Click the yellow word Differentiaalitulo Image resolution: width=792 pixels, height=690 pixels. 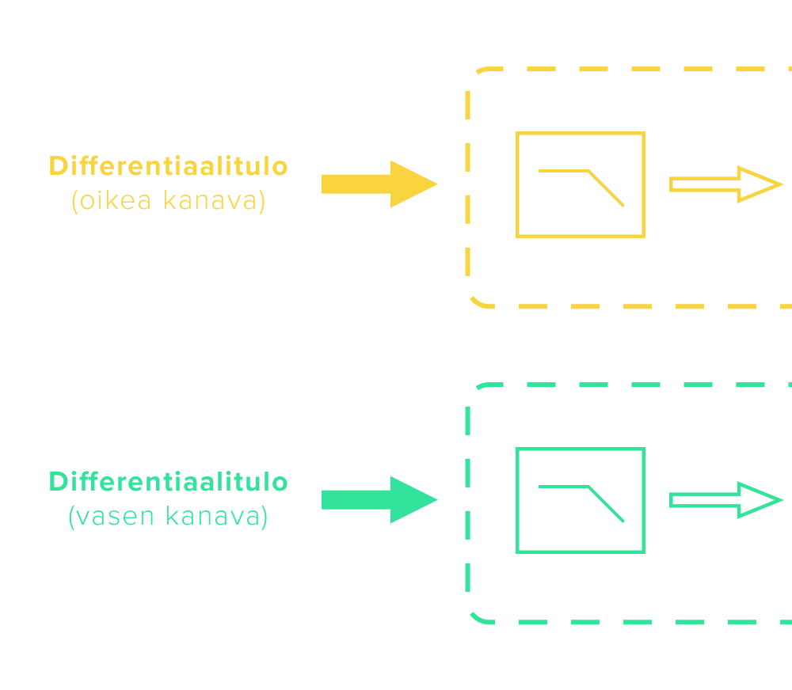pyautogui.click(x=168, y=166)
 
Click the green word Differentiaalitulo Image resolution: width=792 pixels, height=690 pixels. pyautogui.click(x=168, y=482)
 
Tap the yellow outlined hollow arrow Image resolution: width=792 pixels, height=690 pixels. pyautogui.click(x=725, y=184)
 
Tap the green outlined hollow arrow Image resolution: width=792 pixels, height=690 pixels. pyautogui.click(x=725, y=500)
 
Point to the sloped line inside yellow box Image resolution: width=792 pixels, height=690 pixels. pyautogui.click(x=607, y=189)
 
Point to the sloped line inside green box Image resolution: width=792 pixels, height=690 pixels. pyautogui.click(x=607, y=505)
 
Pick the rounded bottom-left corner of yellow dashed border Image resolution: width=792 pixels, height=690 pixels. pyautogui.click(x=477, y=301)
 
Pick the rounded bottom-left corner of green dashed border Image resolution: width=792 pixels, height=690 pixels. pyautogui.click(x=477, y=616)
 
